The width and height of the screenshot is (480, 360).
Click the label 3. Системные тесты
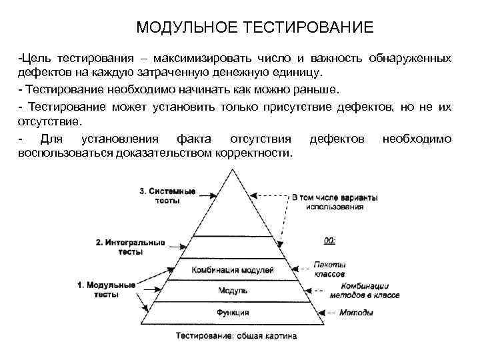coord(167,195)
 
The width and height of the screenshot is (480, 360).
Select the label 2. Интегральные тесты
coord(130,247)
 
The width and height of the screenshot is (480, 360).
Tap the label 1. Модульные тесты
coord(107,289)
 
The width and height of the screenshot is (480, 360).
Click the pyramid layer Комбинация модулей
coord(233,270)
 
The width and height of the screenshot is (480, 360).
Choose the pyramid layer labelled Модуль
coord(233,291)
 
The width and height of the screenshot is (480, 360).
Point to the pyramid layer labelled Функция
coord(233,312)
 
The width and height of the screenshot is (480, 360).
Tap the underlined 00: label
coord(329,240)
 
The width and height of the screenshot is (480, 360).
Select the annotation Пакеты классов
coord(329,269)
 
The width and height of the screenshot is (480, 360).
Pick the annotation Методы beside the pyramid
coord(351,312)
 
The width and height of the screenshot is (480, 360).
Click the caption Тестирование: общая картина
coord(236,336)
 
